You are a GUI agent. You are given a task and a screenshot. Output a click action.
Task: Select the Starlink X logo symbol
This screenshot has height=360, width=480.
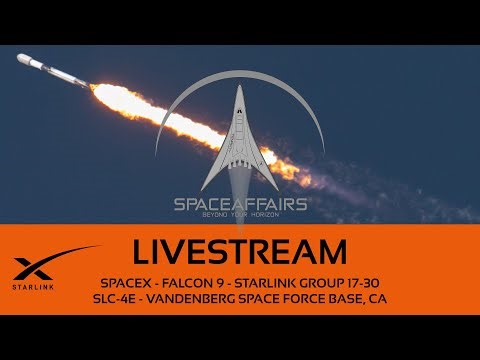pos(42,263)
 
